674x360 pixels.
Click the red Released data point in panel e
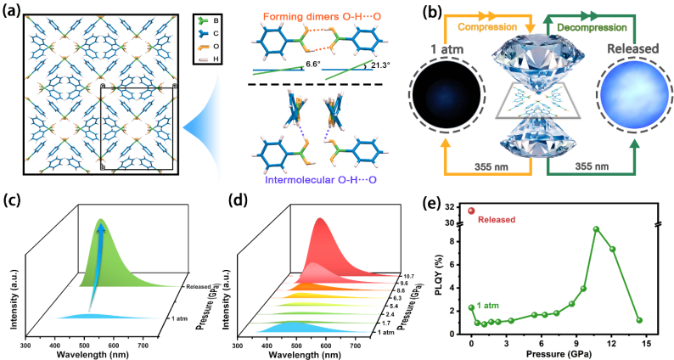(472, 211)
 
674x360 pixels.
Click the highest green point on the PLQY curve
(597, 229)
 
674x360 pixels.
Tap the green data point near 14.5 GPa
(639, 320)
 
